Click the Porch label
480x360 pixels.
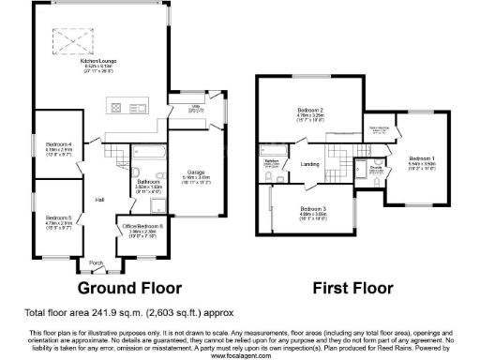(x=96, y=262)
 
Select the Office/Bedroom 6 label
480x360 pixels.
(x=140, y=226)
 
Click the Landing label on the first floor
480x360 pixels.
(x=310, y=164)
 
